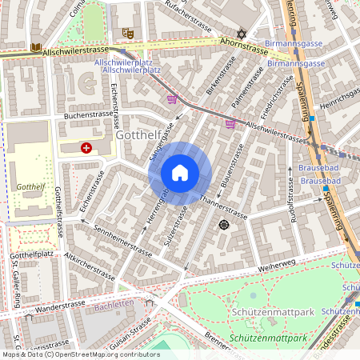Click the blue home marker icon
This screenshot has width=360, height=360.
(x=180, y=173)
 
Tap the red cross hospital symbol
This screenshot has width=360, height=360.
(x=86, y=148)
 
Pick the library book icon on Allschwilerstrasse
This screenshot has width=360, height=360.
(x=35, y=47)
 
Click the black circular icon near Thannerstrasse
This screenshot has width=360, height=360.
(x=223, y=226)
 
